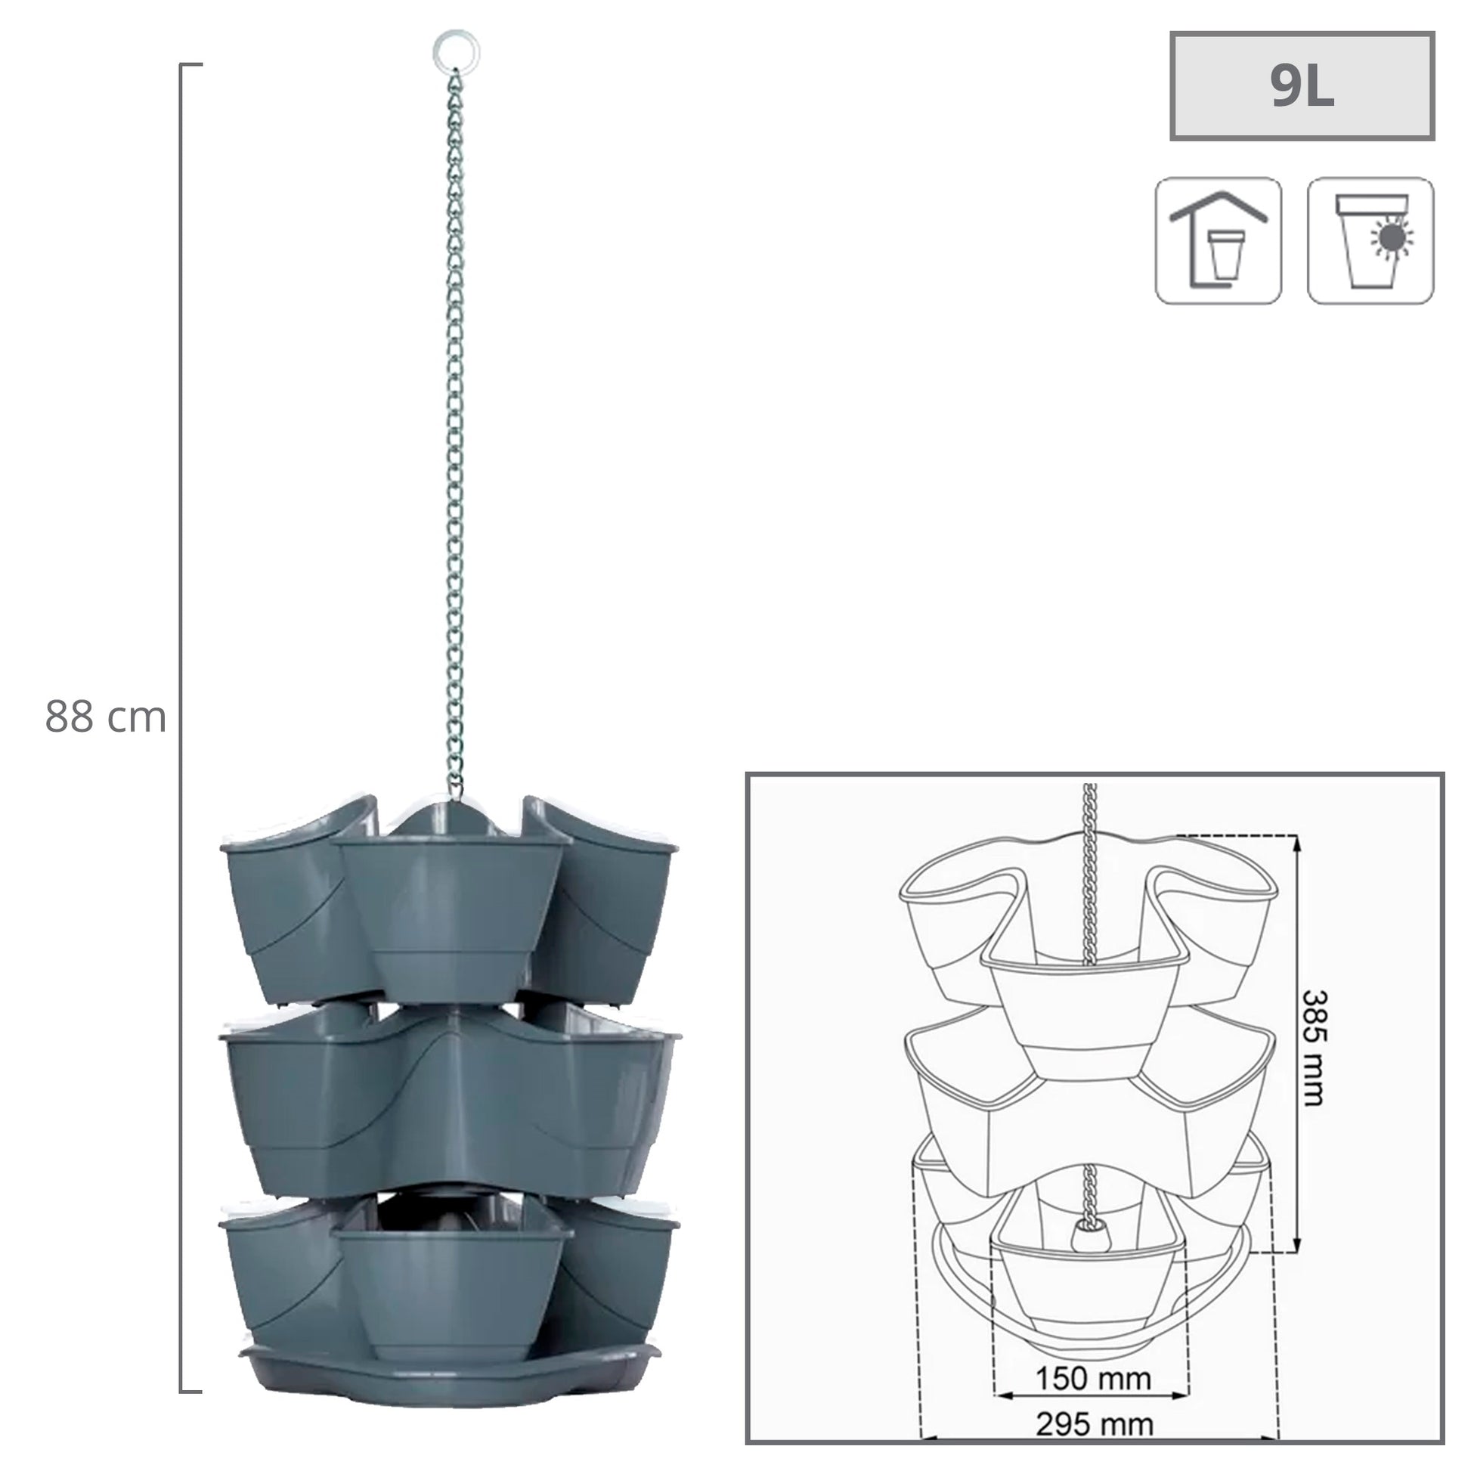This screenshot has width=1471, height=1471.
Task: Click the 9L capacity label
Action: click(1302, 86)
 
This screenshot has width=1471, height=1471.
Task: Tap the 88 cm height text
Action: click(105, 717)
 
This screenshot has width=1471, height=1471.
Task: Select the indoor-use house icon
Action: click(1219, 241)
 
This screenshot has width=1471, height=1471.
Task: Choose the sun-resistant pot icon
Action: click(1370, 241)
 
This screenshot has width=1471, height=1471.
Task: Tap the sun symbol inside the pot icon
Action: click(1392, 238)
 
